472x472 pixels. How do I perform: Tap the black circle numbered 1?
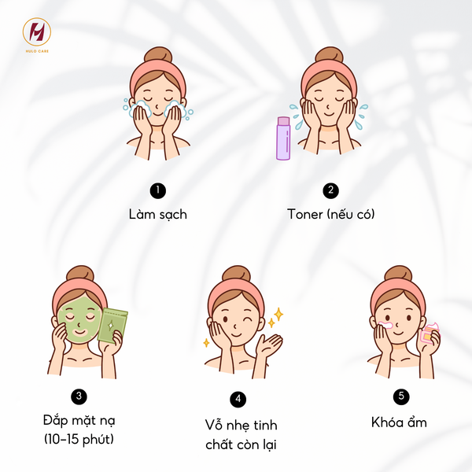point(158,190)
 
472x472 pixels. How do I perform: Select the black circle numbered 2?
point(330,190)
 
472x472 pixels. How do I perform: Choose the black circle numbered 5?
point(401,396)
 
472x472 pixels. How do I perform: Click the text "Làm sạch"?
point(158,214)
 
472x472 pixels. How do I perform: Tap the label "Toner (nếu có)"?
point(330,214)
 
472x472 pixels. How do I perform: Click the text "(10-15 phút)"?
point(79,438)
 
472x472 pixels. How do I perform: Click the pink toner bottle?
point(283,138)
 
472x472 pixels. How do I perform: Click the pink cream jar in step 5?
point(429,335)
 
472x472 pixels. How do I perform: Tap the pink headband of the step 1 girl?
point(157,76)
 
